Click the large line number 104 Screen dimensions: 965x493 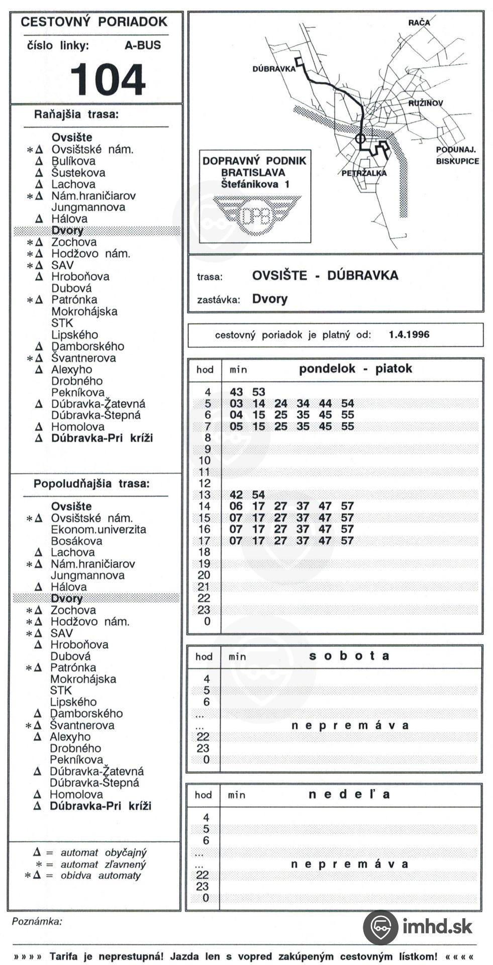click(108, 79)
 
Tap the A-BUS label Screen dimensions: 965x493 click(143, 45)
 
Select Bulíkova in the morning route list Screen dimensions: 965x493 click(73, 161)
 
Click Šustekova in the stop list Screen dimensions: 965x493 click(78, 173)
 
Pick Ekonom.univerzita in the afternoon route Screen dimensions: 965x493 click(98, 530)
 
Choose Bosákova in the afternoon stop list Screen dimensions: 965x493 click(76, 541)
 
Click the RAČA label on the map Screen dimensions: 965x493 click(419, 23)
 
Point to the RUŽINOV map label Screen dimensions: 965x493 click(426, 103)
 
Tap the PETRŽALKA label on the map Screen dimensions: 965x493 click(364, 173)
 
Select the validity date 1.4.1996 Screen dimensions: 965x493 click(409, 335)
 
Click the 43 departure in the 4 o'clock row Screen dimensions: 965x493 click(236, 392)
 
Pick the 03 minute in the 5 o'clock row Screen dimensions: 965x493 click(236, 404)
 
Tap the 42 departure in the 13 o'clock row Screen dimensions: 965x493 click(236, 495)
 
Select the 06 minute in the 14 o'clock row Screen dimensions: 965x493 click(236, 506)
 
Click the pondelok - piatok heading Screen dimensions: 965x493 click(355, 369)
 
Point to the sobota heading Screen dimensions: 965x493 click(349, 656)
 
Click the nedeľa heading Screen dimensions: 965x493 click(349, 795)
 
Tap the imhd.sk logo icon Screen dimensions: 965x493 click(380, 927)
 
